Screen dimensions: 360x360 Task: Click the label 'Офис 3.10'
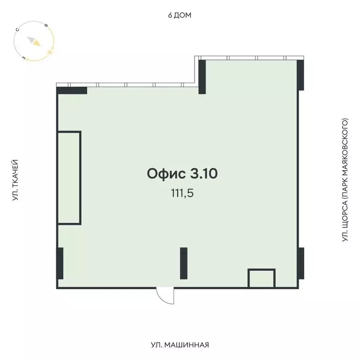pos(182,174)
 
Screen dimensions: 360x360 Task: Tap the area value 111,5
pos(182,193)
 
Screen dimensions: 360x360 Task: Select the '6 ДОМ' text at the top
pos(180,15)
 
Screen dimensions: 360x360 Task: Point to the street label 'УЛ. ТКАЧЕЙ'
pos(15,180)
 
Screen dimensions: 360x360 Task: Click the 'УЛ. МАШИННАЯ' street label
pos(180,345)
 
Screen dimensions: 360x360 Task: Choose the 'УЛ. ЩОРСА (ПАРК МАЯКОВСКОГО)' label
pos(345,180)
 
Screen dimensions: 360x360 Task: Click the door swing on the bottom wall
pos(165,296)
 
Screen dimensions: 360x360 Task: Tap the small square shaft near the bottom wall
pos(261,278)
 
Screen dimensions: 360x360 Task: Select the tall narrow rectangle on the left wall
pos(69,178)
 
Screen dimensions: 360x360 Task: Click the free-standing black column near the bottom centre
pos(184,263)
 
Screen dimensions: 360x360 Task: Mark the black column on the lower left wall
pos(60,263)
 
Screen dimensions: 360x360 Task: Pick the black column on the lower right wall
pos(300,263)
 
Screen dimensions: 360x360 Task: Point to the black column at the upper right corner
pos(300,75)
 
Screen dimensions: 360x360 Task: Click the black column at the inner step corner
pos(202,77)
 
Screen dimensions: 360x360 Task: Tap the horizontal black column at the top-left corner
pos(72,91)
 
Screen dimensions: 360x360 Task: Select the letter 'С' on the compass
pos(17,30)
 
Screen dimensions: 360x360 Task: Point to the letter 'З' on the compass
pos(23,58)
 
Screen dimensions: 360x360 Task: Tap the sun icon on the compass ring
pos(50,51)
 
